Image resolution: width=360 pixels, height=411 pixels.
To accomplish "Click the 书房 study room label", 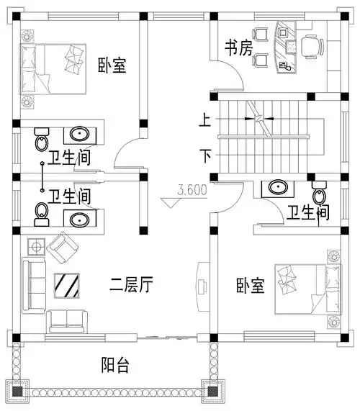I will click(x=238, y=48).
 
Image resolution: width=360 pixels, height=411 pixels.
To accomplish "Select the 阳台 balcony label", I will click(x=113, y=365).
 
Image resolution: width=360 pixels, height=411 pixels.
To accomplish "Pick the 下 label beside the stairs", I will click(x=206, y=155).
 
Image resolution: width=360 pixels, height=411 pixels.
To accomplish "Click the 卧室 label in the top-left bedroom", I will click(x=112, y=66).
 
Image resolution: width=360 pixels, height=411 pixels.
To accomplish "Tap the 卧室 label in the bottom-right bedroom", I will click(x=250, y=286).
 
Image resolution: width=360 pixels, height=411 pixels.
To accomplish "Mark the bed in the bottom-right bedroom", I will click(x=301, y=288).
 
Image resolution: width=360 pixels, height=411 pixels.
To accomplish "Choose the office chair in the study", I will click(x=310, y=48).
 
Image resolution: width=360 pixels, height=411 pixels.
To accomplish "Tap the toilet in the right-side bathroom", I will click(x=319, y=192).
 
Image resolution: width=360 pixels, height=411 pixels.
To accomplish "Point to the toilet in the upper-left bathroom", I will click(x=42, y=139).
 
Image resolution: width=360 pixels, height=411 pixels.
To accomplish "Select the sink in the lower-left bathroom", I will click(x=77, y=217).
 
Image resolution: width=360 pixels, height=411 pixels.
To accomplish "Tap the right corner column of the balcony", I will click(x=212, y=393).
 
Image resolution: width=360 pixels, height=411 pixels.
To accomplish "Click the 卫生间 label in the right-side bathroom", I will click(x=308, y=212).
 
